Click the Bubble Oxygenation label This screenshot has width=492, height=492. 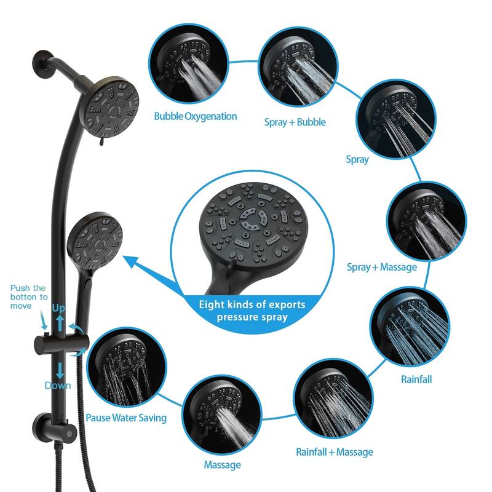[x=196, y=116]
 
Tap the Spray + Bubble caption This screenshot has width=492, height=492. [x=295, y=122]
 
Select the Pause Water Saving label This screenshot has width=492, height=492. [x=126, y=418]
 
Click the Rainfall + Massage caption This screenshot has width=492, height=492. [x=335, y=452]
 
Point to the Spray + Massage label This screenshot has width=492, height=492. [x=382, y=267]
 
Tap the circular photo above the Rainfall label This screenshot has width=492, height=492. [x=410, y=328]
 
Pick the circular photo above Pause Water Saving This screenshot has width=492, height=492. [x=127, y=367]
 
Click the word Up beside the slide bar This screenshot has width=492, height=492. [x=58, y=309]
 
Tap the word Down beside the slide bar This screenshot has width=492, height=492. [x=58, y=386]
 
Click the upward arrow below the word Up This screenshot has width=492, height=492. [x=60, y=323]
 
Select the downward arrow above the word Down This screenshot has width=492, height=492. [x=60, y=371]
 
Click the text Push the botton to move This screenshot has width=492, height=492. [x=28, y=297]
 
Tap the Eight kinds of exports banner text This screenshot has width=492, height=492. [x=252, y=311]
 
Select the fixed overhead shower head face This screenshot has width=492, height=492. [x=112, y=107]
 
